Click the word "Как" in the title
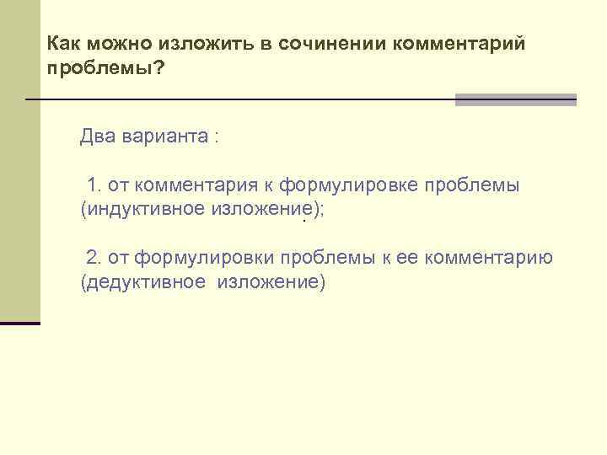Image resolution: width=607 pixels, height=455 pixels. click(62, 44)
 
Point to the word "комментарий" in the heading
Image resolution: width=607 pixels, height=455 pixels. click(459, 44)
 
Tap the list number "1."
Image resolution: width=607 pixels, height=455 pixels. click(94, 185)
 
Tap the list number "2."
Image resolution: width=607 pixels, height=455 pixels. click(94, 257)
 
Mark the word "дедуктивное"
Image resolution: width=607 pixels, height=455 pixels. click(142, 281)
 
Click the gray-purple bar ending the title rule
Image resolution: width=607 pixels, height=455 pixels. click(515, 99)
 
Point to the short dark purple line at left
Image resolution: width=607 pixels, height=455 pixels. click(20, 323)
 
